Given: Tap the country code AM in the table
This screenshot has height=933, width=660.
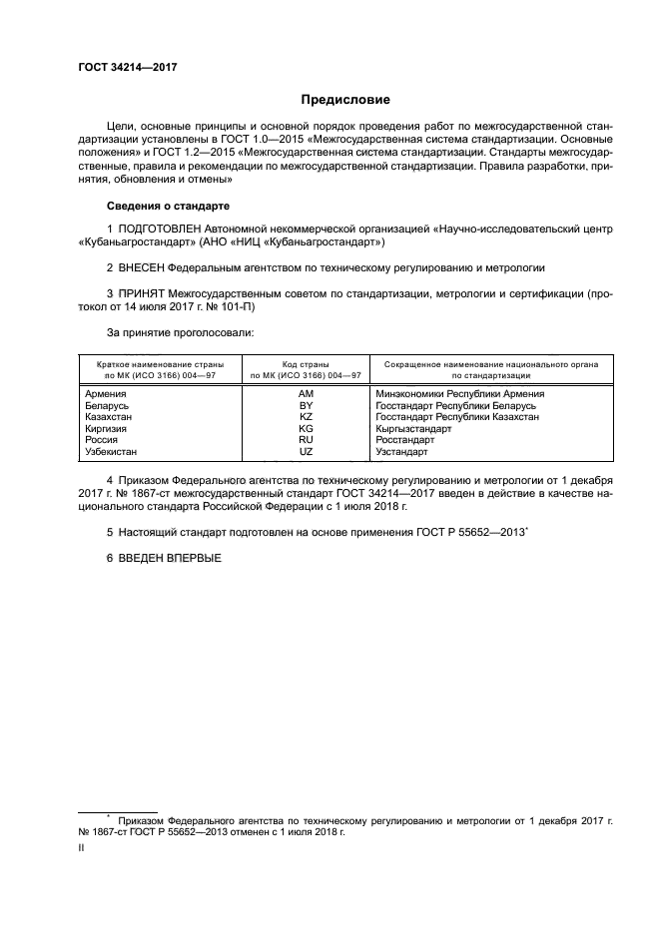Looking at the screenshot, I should click(307, 395).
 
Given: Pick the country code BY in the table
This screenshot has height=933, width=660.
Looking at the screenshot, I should click(307, 406).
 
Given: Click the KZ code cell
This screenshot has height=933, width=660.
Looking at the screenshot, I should click(307, 417).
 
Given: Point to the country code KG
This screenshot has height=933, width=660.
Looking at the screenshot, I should click(307, 428).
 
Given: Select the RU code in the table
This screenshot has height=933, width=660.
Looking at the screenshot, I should click(307, 439).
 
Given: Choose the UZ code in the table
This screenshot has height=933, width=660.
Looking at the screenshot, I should click(307, 450).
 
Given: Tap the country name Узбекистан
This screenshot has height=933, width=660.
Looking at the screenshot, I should click(116, 450).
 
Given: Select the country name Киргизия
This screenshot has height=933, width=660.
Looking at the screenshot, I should click(110, 428).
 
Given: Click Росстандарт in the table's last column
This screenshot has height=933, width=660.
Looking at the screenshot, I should click(405, 439).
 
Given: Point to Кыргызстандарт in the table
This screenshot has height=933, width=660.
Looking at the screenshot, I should click(413, 428).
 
